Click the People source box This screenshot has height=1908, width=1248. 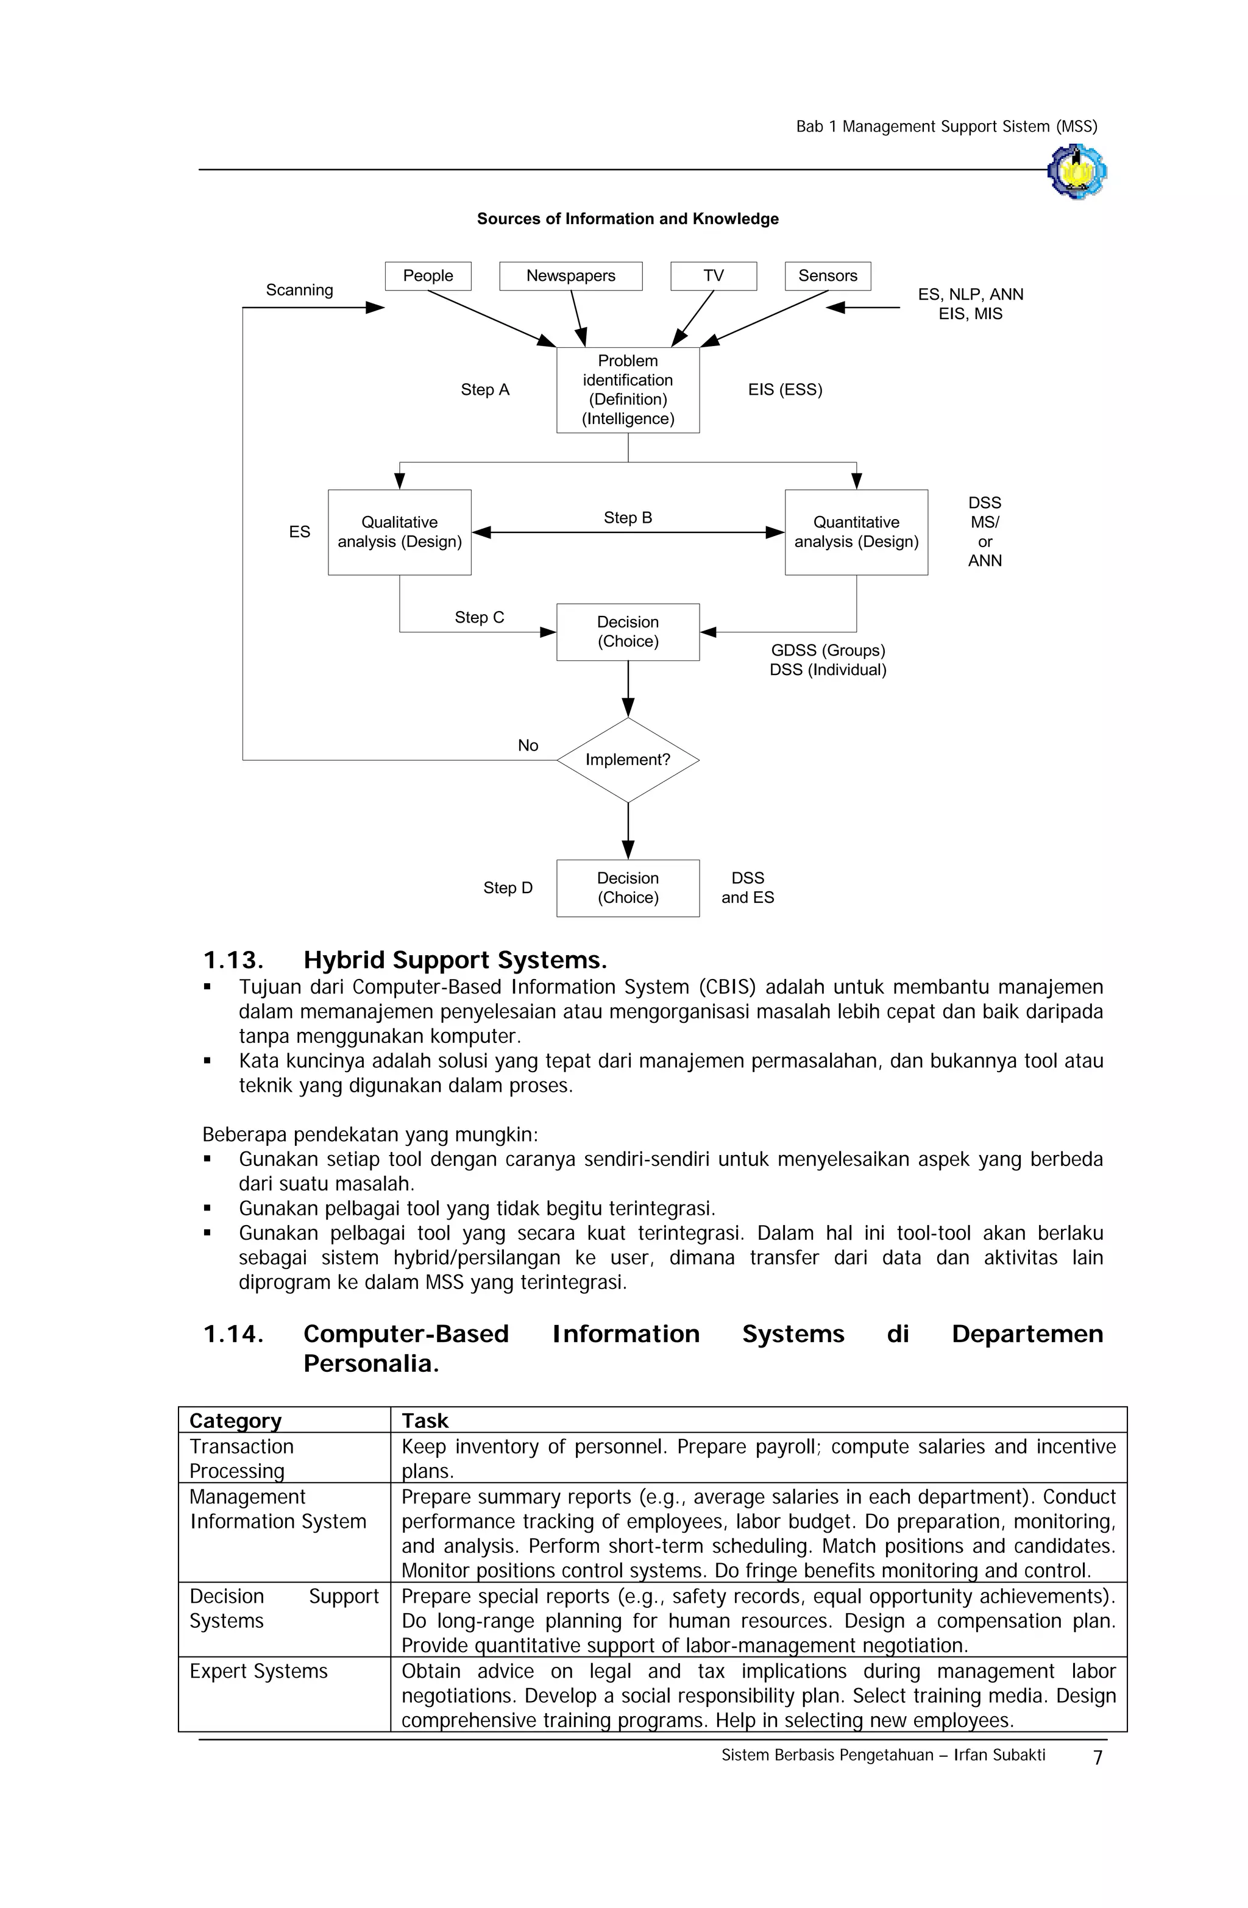[x=428, y=276]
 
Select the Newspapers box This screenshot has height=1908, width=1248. [x=570, y=276]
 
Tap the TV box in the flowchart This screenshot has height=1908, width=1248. [x=713, y=276]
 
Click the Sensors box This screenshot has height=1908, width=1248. [x=827, y=276]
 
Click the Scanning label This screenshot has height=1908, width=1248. [x=299, y=290]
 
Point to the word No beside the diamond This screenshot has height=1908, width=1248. [x=528, y=746]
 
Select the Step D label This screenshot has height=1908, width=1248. [x=508, y=888]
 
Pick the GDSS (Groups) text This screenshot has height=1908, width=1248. [x=828, y=650]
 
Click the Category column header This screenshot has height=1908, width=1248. [x=235, y=1421]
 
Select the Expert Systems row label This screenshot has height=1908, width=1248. [x=258, y=1672]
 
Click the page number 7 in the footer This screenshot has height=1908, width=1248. [x=1097, y=1758]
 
